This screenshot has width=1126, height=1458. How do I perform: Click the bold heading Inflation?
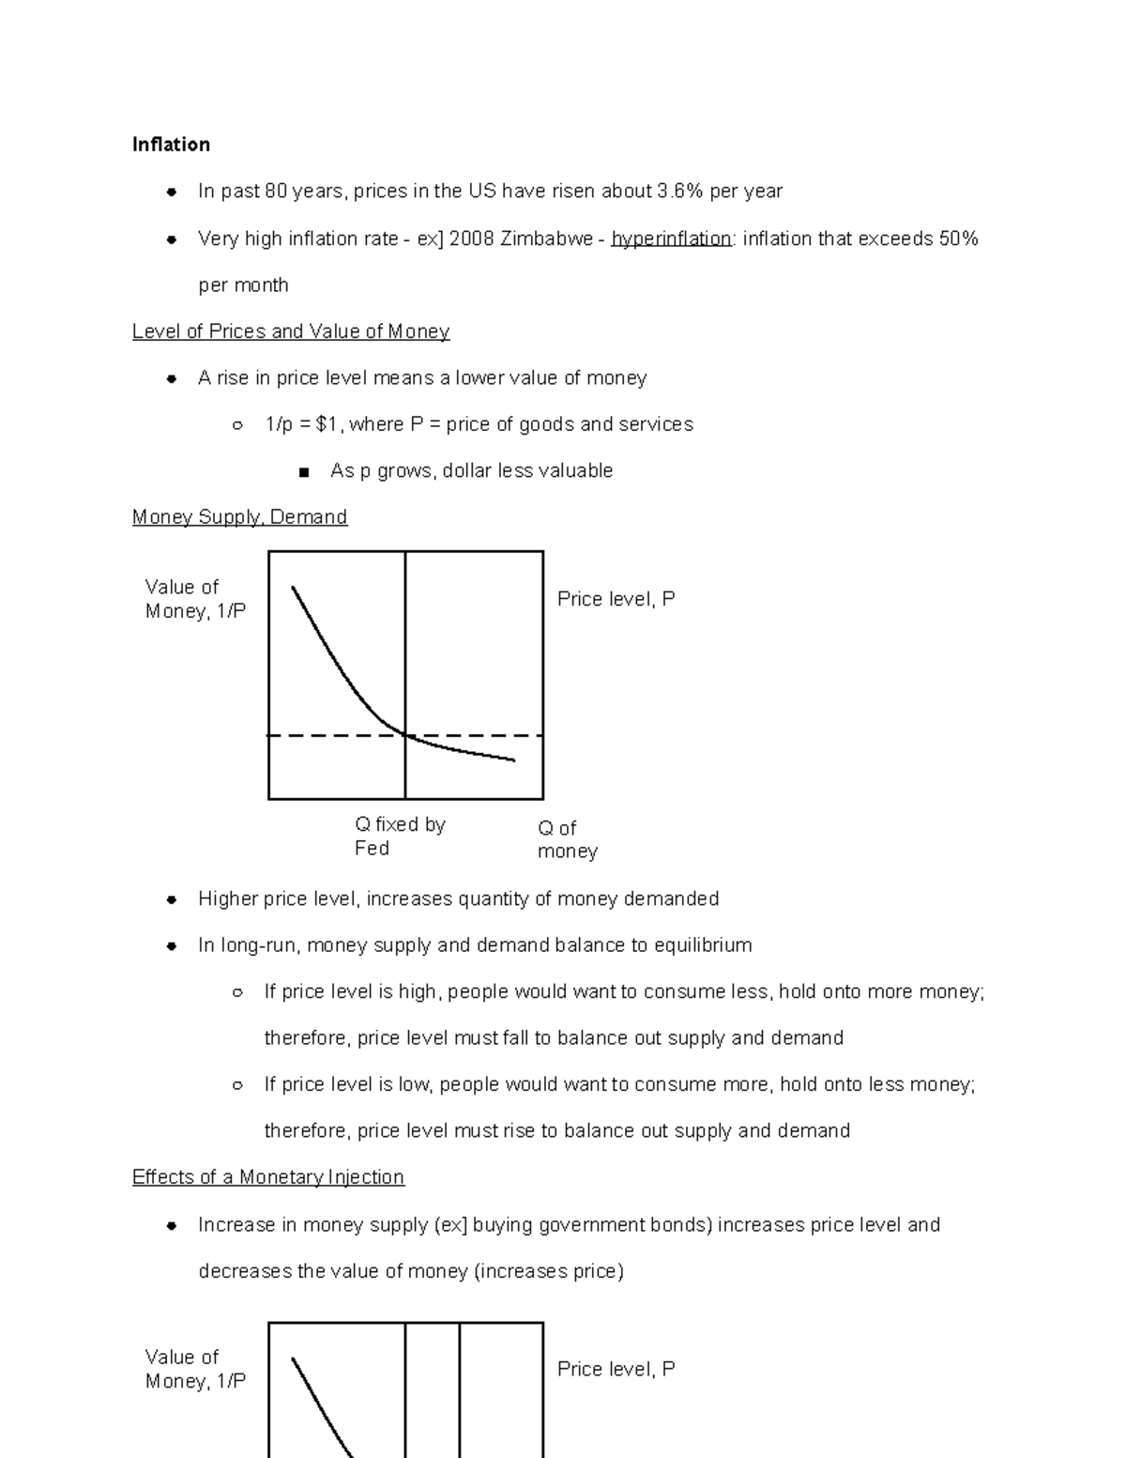171,145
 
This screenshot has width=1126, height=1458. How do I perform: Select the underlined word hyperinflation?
670,239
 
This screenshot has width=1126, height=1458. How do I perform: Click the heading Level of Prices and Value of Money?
291,331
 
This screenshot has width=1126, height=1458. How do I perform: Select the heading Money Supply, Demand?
239,517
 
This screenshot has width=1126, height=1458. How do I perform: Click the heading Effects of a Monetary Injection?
268,1177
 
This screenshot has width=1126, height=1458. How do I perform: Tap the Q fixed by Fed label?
399,836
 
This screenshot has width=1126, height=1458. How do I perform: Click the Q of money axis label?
566,839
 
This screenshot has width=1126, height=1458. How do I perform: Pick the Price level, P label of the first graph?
616,599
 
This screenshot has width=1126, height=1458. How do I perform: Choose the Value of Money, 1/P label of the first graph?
195,599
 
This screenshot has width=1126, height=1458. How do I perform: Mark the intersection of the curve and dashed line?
405,735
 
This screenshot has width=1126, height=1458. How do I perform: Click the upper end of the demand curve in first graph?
294,589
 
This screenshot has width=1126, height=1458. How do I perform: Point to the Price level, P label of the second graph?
616,1369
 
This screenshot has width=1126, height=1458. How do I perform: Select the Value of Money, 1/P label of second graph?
195,1369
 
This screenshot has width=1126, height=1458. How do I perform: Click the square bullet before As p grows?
303,472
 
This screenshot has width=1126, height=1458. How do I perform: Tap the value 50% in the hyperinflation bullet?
958,239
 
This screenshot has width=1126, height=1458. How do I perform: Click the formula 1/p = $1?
302,424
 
